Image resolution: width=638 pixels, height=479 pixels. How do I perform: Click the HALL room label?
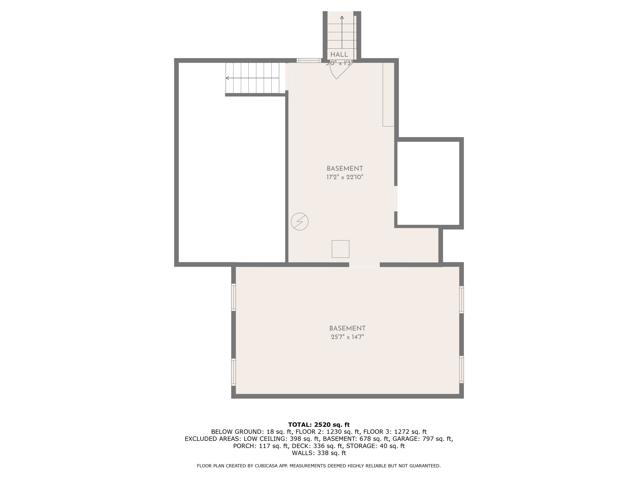[339, 54]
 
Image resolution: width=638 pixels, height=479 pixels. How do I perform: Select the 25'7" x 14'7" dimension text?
[347, 337]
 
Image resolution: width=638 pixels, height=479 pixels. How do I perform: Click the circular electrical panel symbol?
[300, 222]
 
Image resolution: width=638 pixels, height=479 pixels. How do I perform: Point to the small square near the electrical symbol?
[340, 249]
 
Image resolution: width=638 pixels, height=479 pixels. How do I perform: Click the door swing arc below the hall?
[335, 72]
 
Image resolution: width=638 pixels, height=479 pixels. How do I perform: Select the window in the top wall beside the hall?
[309, 60]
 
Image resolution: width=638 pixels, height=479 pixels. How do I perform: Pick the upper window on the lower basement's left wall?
[234, 297]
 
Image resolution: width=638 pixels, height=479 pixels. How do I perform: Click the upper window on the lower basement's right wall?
[461, 299]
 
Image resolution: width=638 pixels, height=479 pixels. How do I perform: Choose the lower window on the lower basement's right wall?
[461, 370]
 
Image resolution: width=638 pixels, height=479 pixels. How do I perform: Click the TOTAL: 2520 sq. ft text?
[319, 425]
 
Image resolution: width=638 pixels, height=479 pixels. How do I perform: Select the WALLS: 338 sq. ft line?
[319, 453]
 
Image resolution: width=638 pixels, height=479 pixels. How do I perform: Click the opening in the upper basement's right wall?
[396, 199]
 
